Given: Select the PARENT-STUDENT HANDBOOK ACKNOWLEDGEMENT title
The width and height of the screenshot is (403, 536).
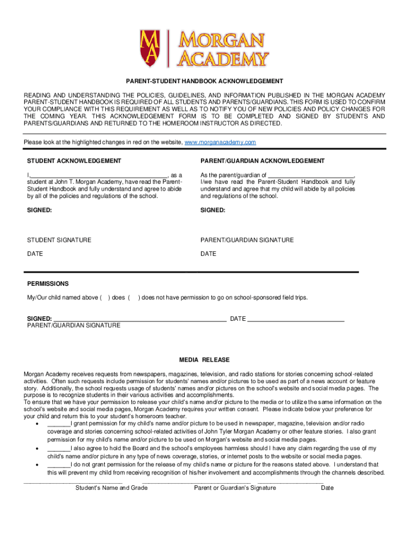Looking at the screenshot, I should pyautogui.click(x=204, y=82).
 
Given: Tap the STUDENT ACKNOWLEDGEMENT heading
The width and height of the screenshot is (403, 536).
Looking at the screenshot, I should pyautogui.click(x=74, y=161).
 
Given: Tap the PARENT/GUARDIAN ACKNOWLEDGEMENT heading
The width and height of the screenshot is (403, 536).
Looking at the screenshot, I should pyautogui.click(x=262, y=161).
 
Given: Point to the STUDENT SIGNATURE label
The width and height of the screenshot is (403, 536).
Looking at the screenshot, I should pyautogui.click(x=59, y=240).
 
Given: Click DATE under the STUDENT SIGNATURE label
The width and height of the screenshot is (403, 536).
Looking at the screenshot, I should pyautogui.click(x=35, y=254).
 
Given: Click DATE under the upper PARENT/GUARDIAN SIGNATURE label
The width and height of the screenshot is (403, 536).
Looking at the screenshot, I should pyautogui.click(x=208, y=254).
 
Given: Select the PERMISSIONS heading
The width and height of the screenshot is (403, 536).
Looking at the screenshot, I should pyautogui.click(x=48, y=284).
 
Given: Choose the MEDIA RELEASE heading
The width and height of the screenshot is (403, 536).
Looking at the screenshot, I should pyautogui.click(x=204, y=360).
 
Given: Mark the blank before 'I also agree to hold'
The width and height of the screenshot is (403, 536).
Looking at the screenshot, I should pyautogui.click(x=58, y=449).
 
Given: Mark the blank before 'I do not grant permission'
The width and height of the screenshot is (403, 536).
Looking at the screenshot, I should pyautogui.click(x=58, y=465).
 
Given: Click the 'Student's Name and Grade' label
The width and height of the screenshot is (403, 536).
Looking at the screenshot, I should pyautogui.click(x=111, y=488).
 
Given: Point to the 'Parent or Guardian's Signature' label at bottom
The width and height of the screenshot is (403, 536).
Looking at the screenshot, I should pyautogui.click(x=235, y=488).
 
